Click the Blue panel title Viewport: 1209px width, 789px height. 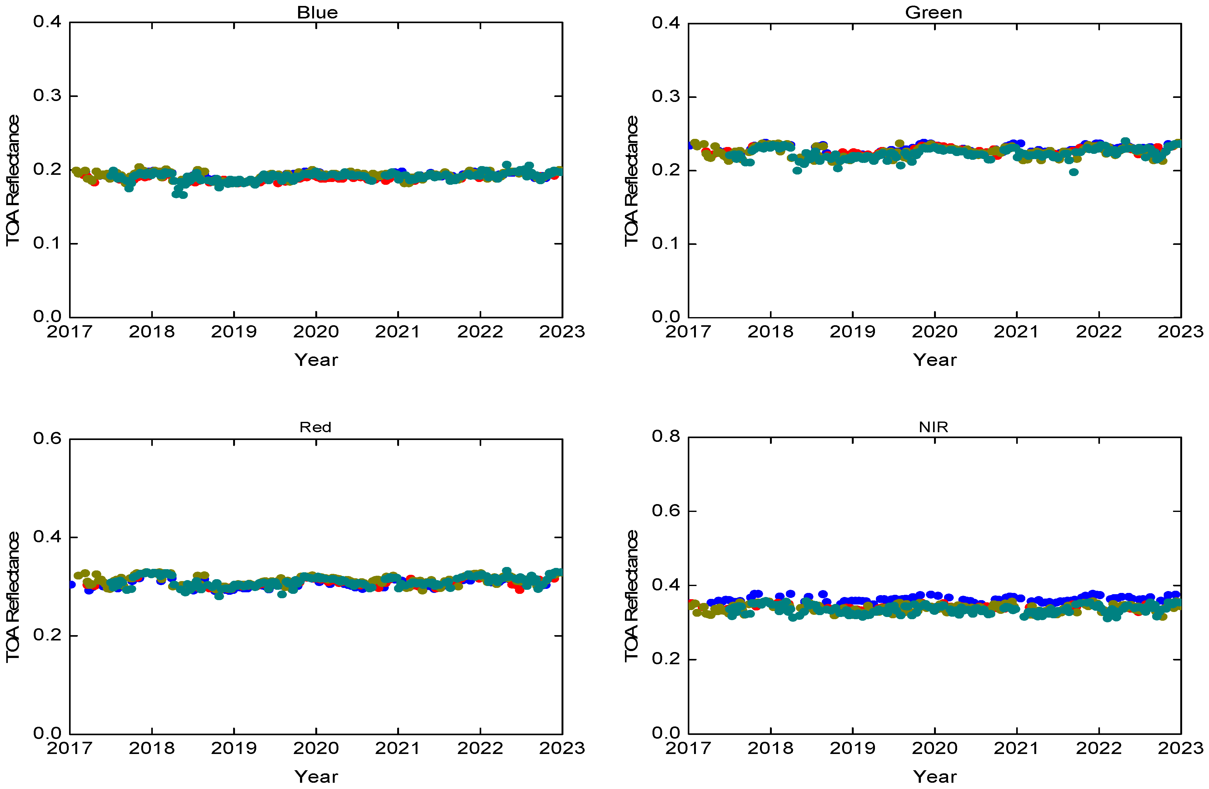pos(317,12)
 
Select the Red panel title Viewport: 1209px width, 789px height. pos(315,427)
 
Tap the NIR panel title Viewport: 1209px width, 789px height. pos(933,427)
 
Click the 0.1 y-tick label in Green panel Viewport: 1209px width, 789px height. pos(666,244)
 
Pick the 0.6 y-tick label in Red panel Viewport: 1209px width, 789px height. pos(47,438)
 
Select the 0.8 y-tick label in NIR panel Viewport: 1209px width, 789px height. pos(666,436)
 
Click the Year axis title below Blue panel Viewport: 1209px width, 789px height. pos(316,360)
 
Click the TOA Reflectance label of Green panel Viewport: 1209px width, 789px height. pos(631,181)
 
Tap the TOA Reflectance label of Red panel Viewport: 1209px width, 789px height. pos(12,597)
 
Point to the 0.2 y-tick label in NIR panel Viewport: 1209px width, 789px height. pos(666,659)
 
